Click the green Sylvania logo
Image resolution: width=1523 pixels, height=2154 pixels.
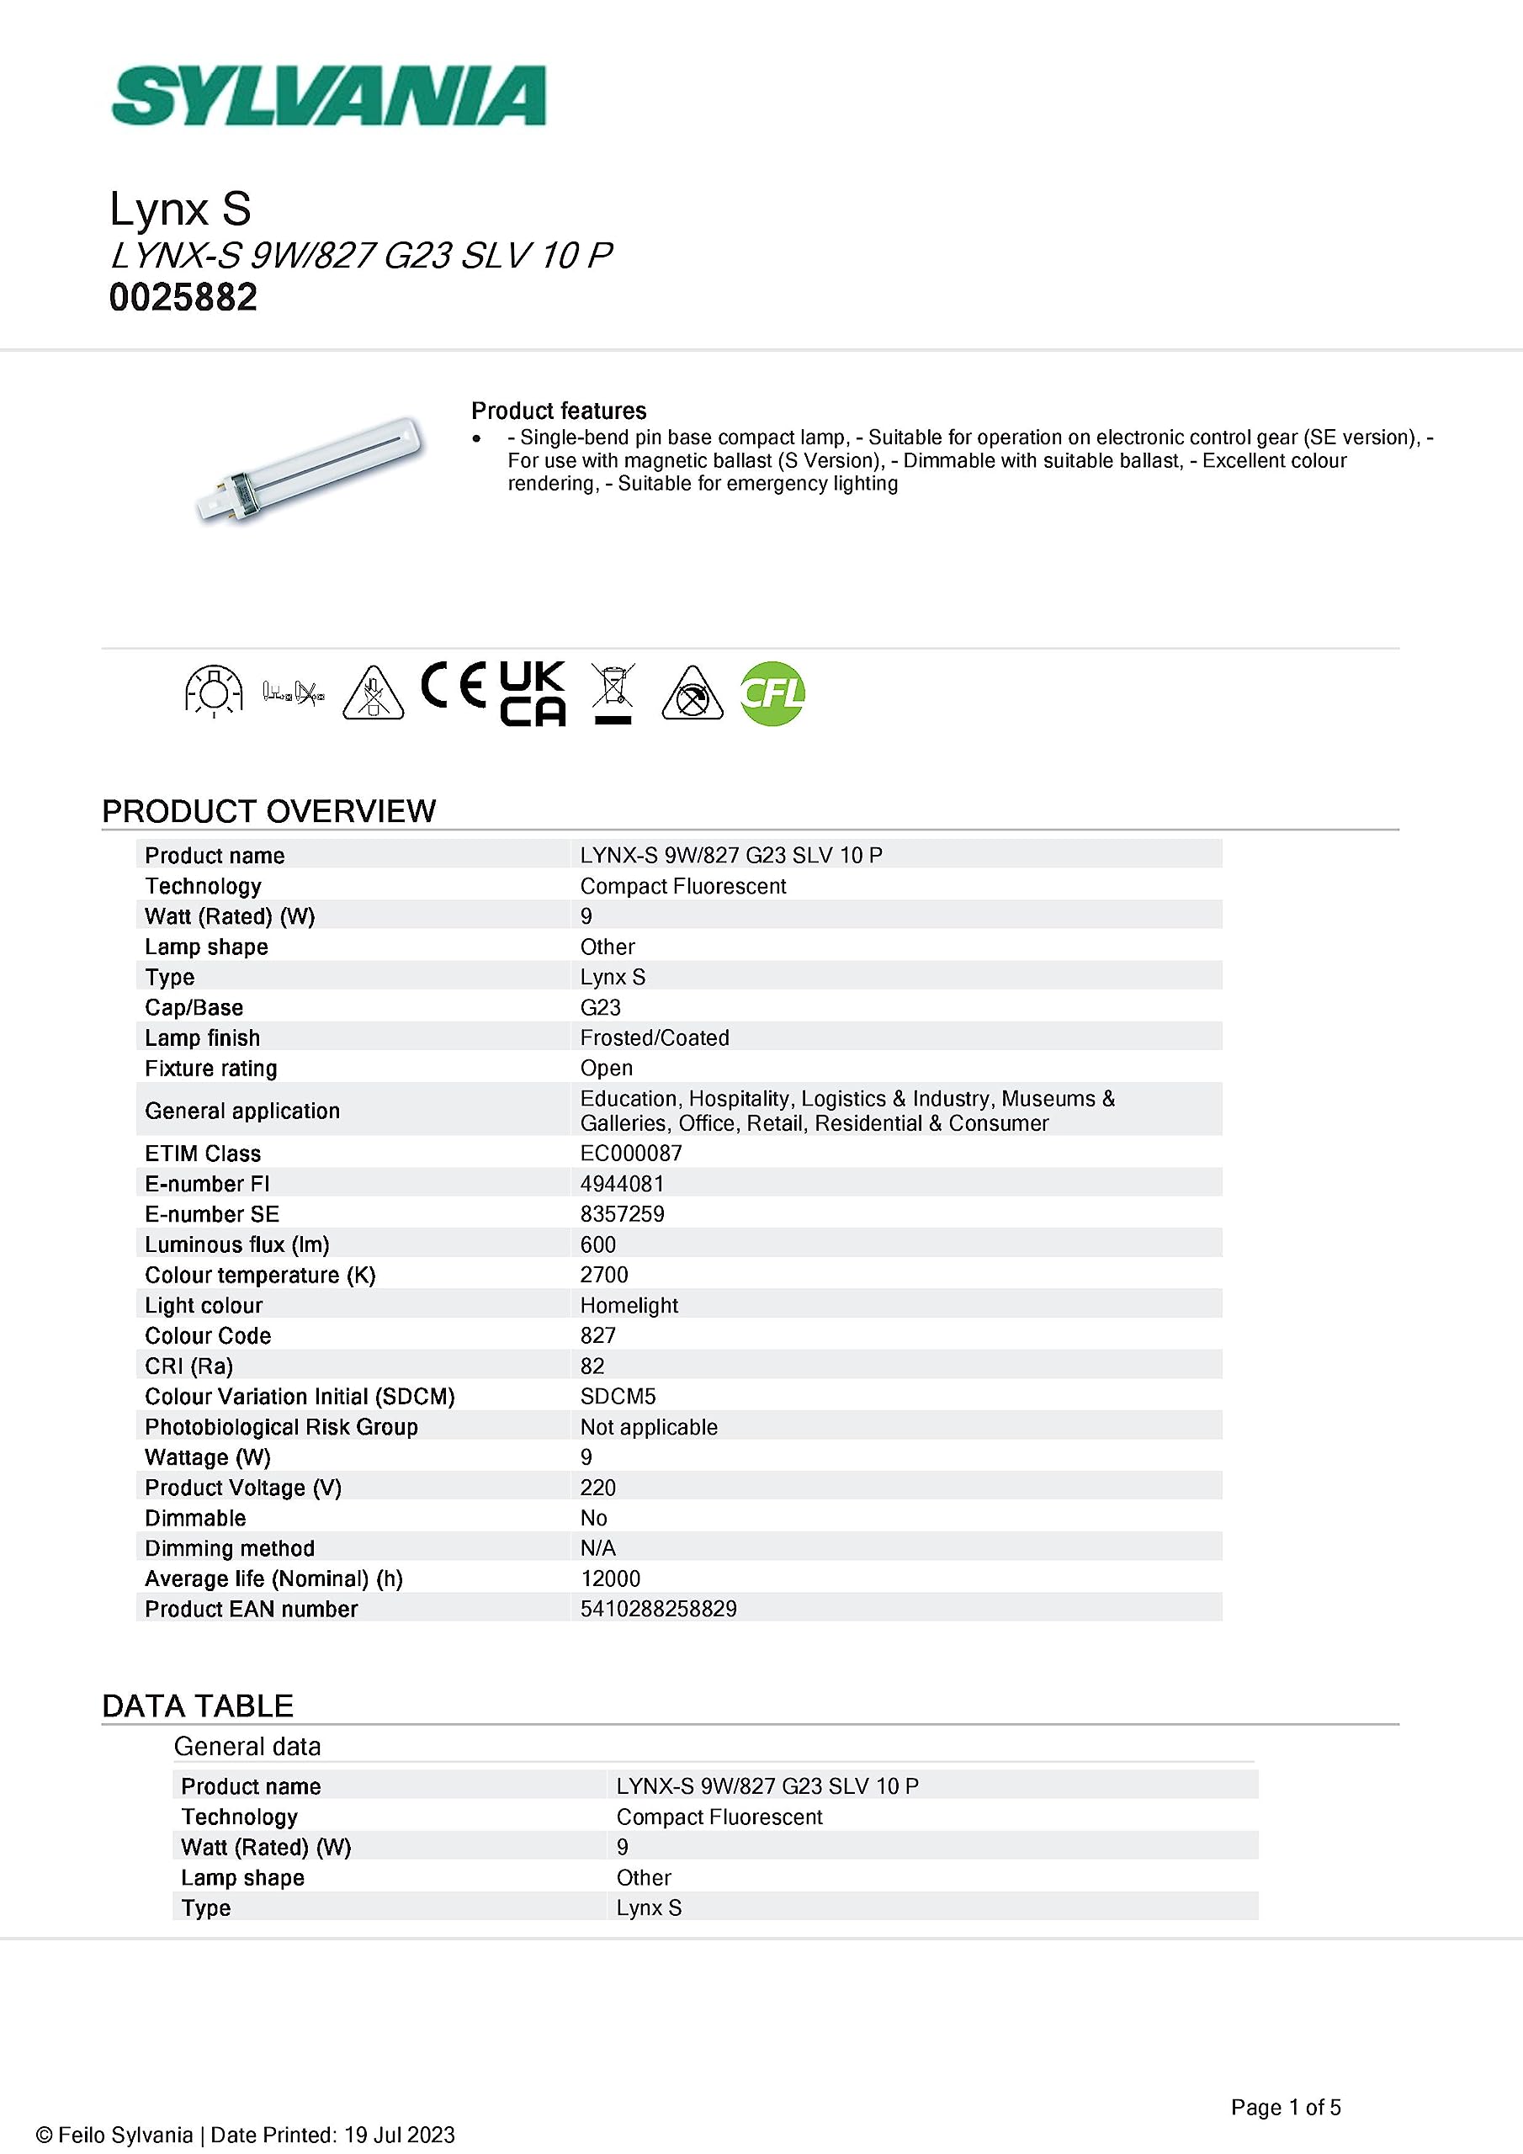[x=328, y=96]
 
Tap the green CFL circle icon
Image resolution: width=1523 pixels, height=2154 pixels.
[x=772, y=693]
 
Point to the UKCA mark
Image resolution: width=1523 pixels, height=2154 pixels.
[x=532, y=693]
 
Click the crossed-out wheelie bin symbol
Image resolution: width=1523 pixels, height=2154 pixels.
[x=613, y=692]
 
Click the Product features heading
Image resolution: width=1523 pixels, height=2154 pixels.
[x=559, y=411]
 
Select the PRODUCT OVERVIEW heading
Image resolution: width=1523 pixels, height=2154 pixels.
[x=268, y=810]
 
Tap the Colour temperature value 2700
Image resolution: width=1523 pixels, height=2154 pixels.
[x=604, y=1275]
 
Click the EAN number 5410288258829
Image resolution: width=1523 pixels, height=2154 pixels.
[x=658, y=1609]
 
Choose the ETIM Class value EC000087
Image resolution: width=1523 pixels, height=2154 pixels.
[x=630, y=1153]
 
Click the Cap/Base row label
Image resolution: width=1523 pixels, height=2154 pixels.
[x=194, y=1007]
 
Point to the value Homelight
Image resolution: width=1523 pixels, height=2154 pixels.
[x=629, y=1305]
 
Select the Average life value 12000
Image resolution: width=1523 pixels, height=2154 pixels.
[x=610, y=1579]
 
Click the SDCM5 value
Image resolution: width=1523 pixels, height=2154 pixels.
[x=618, y=1396]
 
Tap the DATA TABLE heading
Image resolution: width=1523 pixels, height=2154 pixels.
[x=197, y=1706]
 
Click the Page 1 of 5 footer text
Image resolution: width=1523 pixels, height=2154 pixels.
[x=1286, y=2107]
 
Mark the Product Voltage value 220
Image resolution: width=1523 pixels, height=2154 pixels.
[x=597, y=1488]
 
